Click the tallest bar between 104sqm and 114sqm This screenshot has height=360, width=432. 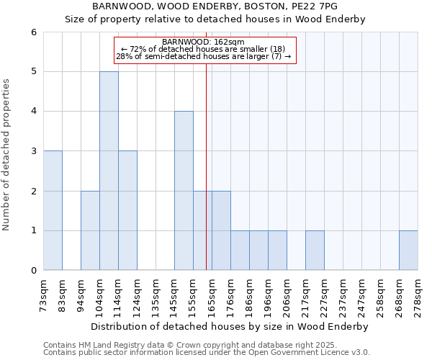pyautogui.click(x=109, y=171)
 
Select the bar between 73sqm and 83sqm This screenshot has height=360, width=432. pyautogui.click(x=53, y=210)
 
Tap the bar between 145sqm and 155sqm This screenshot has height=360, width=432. pyautogui.click(x=184, y=191)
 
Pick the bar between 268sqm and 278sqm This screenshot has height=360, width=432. pyautogui.click(x=408, y=251)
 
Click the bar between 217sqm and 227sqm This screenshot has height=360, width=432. pyautogui.click(x=315, y=251)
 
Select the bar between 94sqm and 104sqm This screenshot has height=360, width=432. pyautogui.click(x=90, y=230)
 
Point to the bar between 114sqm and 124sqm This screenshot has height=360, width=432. pyautogui.click(x=127, y=210)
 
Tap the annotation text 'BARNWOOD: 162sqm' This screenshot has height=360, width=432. pyautogui.click(x=204, y=42)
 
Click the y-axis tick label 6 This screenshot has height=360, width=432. pyautogui.click(x=33, y=32)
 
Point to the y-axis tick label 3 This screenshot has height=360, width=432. pyautogui.click(x=33, y=151)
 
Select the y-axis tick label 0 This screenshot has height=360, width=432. pyautogui.click(x=33, y=271)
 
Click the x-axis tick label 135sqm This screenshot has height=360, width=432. pyautogui.click(x=156, y=294)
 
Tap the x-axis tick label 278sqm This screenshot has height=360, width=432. pyautogui.click(x=418, y=294)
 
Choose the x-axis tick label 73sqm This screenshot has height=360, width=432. pyautogui.click(x=43, y=294)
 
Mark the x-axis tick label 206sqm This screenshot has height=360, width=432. pyautogui.click(x=287, y=294)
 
